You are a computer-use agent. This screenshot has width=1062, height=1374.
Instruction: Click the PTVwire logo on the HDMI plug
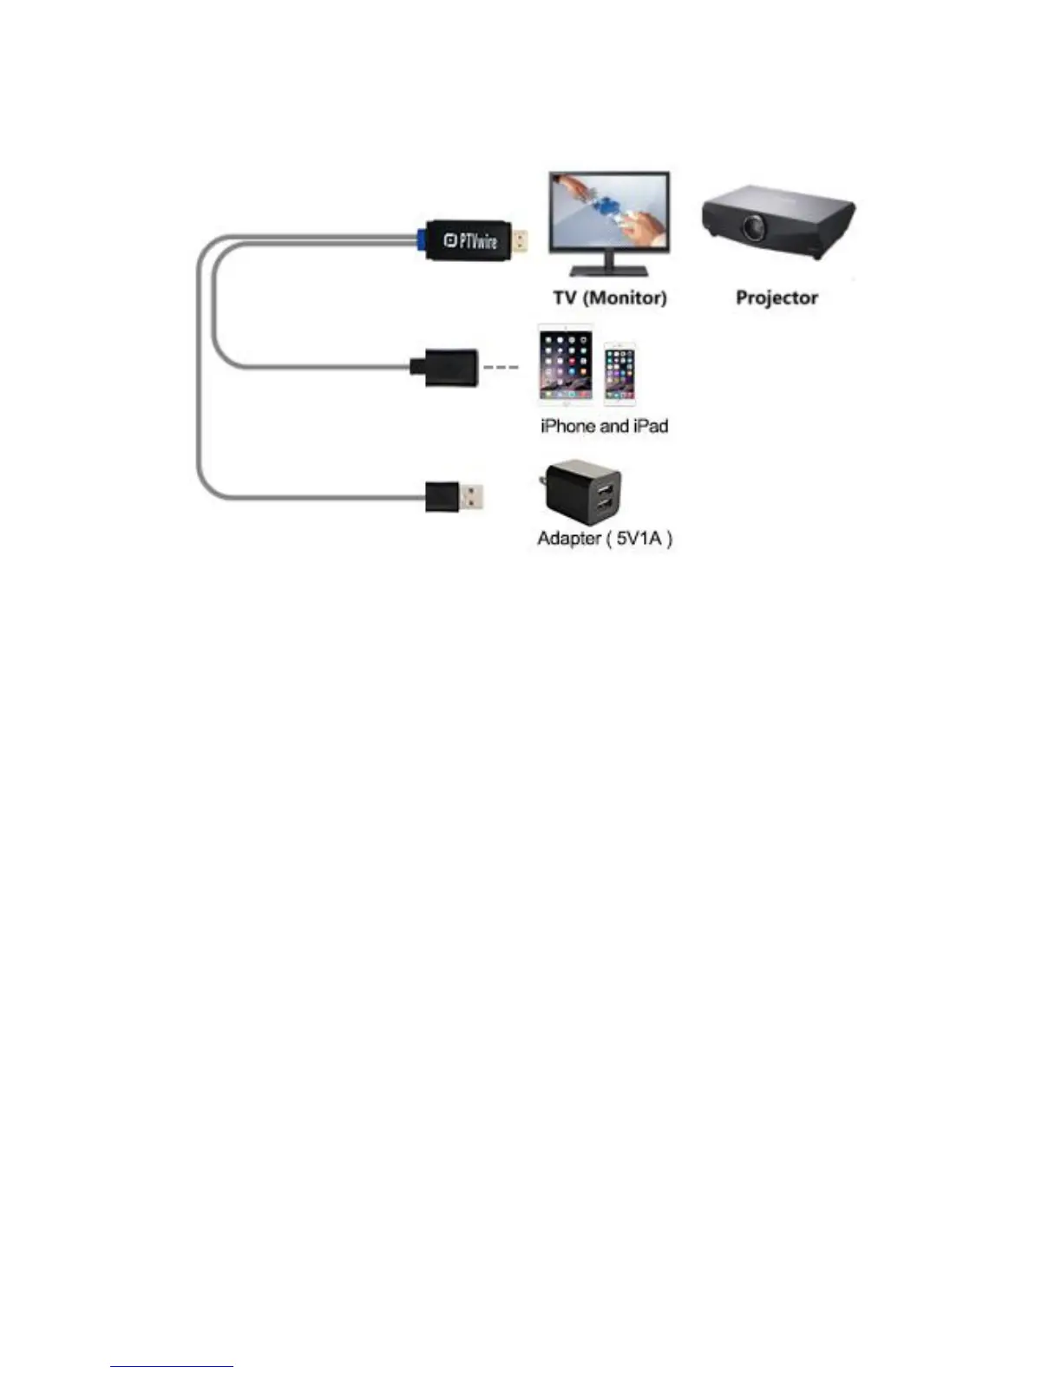coord(471,241)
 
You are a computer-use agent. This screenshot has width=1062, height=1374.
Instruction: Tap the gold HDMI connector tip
coord(520,241)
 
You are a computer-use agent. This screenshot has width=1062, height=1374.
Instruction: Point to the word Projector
coord(777,298)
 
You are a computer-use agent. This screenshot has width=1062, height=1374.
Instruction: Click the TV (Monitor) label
coord(610,298)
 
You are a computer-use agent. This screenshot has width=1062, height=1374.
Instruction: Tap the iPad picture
coord(566,364)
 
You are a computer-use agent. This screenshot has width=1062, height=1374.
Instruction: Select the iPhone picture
coord(619,374)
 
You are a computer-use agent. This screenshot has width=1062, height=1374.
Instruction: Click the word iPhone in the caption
coord(568,426)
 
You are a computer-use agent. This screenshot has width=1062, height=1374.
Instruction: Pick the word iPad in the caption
coord(649,426)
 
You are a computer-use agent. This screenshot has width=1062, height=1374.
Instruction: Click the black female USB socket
coord(444,367)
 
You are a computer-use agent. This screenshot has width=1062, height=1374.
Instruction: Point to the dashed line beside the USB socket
coord(501,367)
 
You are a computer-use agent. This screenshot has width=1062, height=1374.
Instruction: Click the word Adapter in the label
coord(569,539)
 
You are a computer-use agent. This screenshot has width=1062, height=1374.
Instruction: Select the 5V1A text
coord(639,539)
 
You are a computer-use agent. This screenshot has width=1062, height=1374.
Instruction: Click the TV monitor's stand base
coord(609,270)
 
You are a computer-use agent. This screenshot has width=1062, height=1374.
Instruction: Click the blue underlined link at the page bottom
coord(172,1366)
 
